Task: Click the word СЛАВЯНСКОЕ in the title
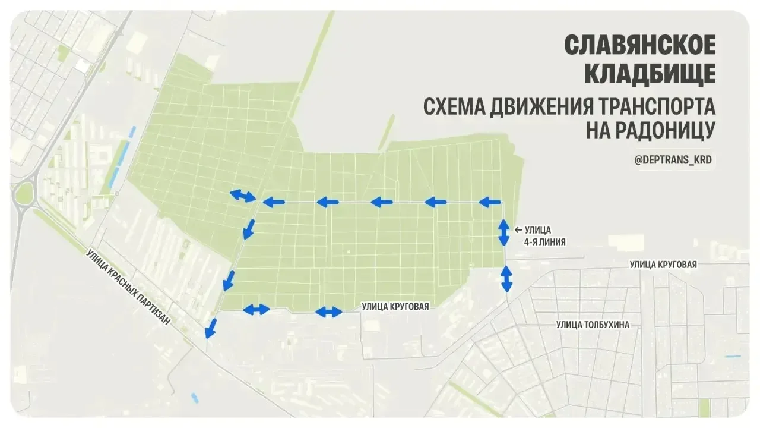(x=639, y=45)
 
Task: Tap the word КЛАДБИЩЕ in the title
(x=650, y=74)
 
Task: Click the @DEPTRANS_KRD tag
(x=673, y=160)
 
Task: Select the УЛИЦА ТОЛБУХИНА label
(x=593, y=325)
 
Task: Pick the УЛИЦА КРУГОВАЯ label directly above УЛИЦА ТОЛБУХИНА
(x=663, y=265)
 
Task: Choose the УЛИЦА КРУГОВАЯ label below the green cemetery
(x=395, y=307)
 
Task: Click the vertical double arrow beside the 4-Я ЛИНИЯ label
(x=503, y=232)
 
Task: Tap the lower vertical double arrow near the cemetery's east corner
(x=506, y=278)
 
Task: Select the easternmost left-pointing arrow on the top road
(x=490, y=203)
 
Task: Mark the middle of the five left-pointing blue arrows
(x=382, y=203)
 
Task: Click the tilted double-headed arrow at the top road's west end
(x=243, y=196)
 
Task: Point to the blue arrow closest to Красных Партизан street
(x=210, y=328)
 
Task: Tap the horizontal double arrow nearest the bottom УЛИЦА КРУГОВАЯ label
(x=328, y=311)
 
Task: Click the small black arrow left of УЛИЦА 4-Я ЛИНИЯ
(x=518, y=229)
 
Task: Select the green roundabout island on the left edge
(x=24, y=194)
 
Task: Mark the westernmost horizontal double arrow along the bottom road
(x=256, y=309)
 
